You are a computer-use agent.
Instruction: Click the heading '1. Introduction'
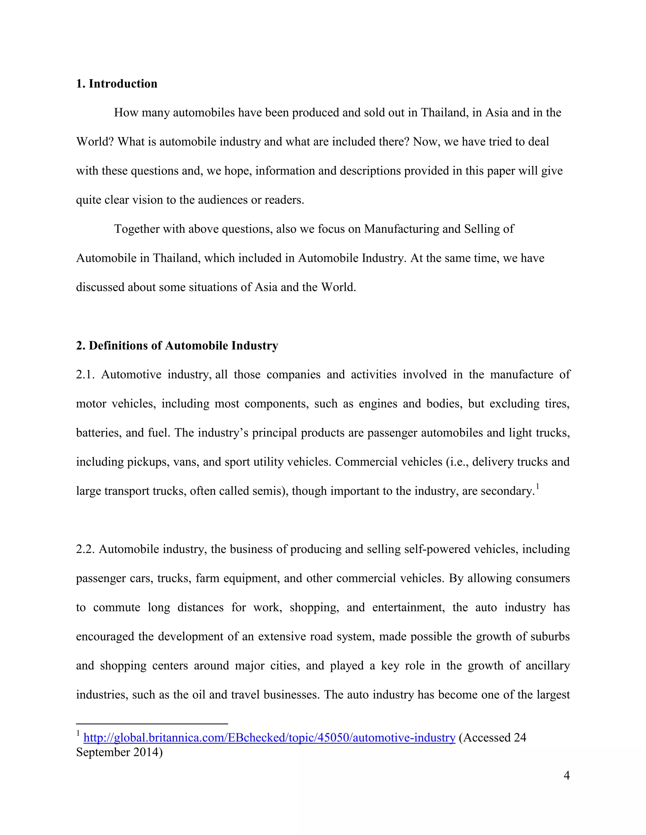pos(116,83)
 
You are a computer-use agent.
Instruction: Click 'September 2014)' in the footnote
pos(119,752)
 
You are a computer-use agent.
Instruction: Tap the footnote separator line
pos(152,724)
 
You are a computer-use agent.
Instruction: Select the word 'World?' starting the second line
pos(95,141)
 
